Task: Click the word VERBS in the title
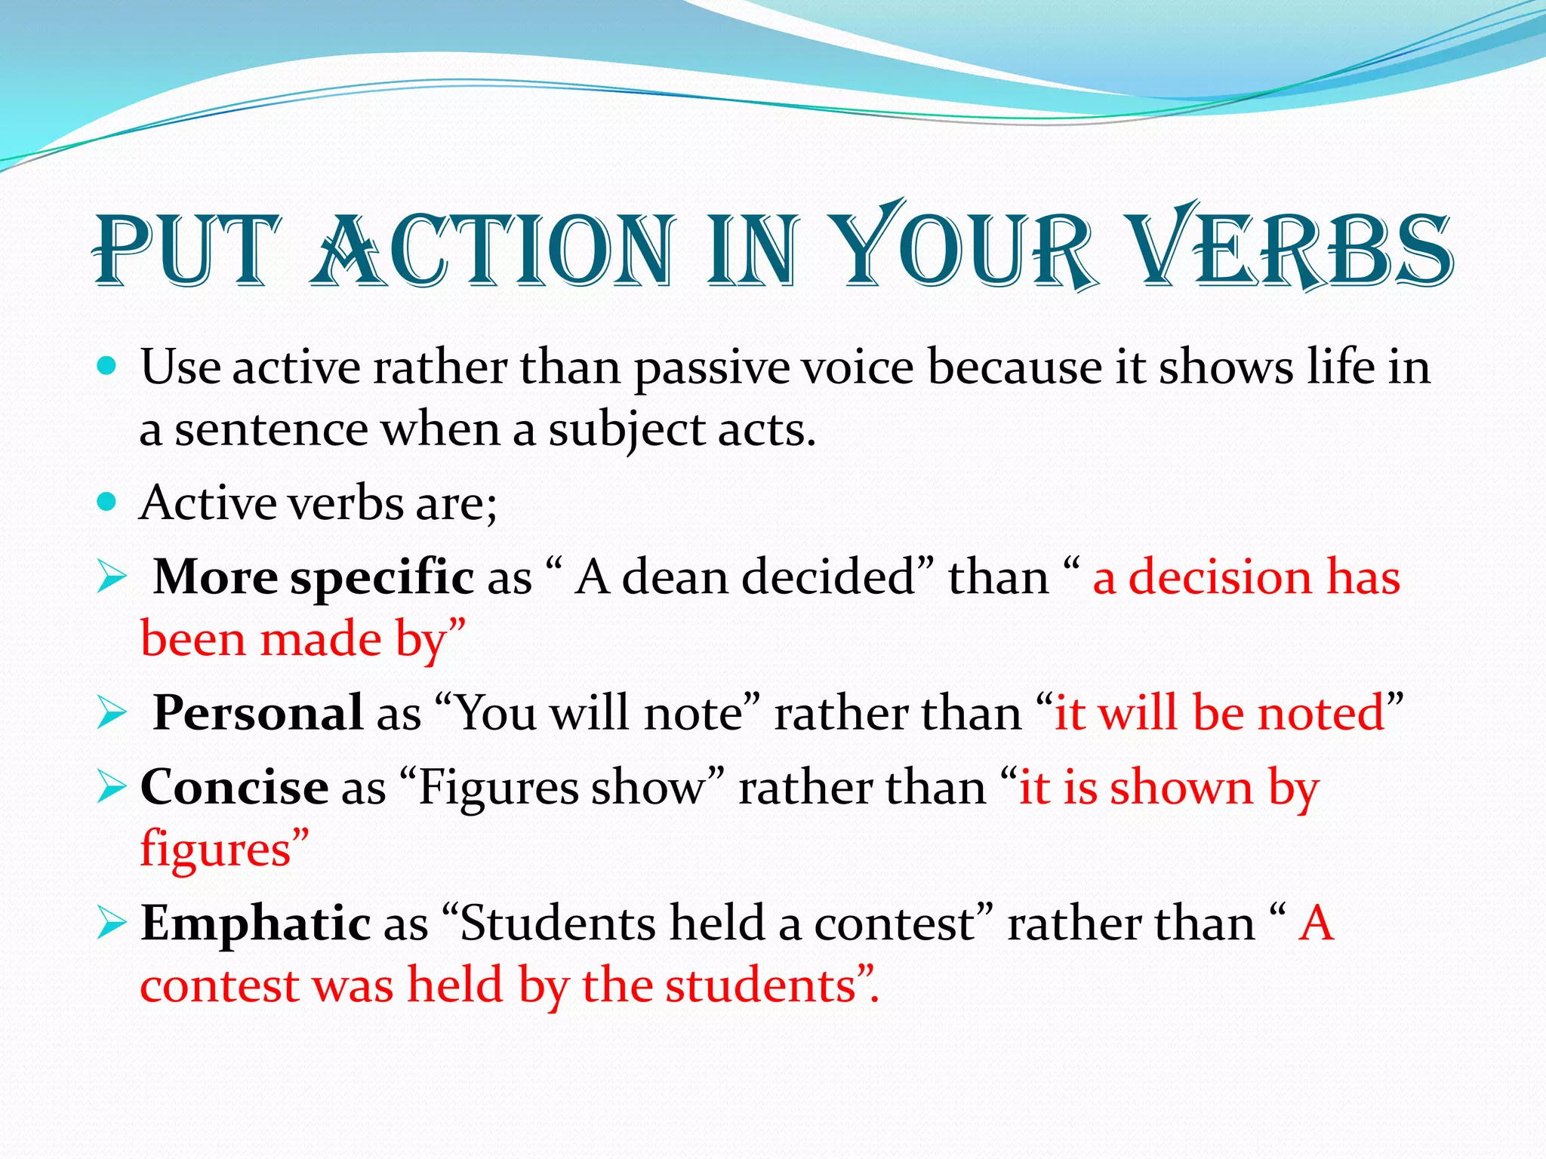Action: pos(1294,249)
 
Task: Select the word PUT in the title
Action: pos(186,249)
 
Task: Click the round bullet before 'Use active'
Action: pos(107,367)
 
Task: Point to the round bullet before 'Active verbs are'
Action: pos(107,503)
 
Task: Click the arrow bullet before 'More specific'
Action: pos(112,579)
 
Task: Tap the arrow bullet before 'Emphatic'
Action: pos(112,924)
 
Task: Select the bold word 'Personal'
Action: pos(258,712)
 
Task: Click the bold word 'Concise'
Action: pos(234,787)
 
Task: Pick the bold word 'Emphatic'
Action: pos(255,924)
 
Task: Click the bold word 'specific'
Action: pos(382,578)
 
